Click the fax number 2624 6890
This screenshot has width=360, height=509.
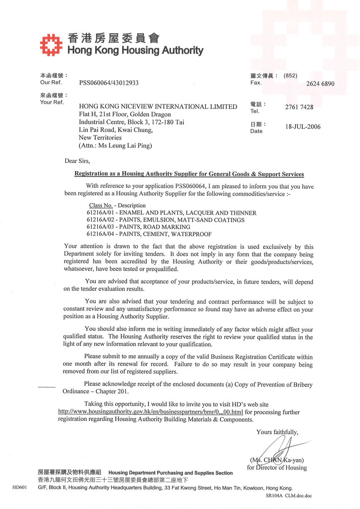pyautogui.click(x=320, y=84)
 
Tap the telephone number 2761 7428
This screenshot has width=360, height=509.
pyautogui.click(x=299, y=107)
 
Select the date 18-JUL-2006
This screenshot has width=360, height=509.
pyautogui.click(x=303, y=127)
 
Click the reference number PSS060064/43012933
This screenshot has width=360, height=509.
pyautogui.click(x=109, y=83)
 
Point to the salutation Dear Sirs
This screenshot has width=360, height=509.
pyautogui.click(x=77, y=161)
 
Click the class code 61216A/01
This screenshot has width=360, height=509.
pyautogui.click(x=100, y=213)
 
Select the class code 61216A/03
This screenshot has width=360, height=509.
pyautogui.click(x=100, y=227)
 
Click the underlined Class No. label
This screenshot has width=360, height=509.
pyautogui.click(x=101, y=205)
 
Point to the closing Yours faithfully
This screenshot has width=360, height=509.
pyautogui.click(x=277, y=432)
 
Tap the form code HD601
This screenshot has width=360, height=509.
pyautogui.click(x=20, y=488)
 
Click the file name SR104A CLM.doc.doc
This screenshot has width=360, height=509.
pyautogui.click(x=288, y=496)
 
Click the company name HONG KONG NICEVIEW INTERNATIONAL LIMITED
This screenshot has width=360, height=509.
pyautogui.click(x=158, y=107)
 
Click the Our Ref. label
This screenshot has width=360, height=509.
pyautogui.click(x=51, y=82)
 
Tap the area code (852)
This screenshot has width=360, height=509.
pyautogui.click(x=290, y=76)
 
